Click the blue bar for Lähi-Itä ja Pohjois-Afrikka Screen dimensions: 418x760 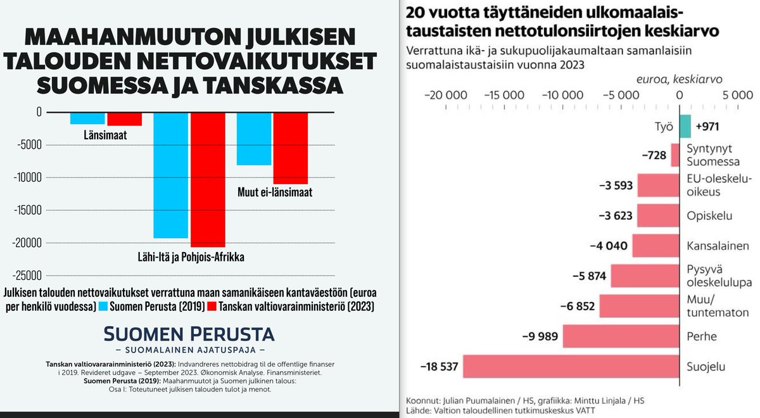170,175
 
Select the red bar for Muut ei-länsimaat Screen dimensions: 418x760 290,148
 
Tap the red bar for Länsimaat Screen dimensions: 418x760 124,118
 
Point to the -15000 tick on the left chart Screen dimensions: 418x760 27,210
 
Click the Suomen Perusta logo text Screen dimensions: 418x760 189,334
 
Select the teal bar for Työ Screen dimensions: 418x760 685,127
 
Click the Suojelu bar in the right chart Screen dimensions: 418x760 571,366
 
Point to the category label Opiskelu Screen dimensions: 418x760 709,216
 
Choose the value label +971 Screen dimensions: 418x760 707,127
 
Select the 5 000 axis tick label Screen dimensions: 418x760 737,96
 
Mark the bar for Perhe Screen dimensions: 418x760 621,336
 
